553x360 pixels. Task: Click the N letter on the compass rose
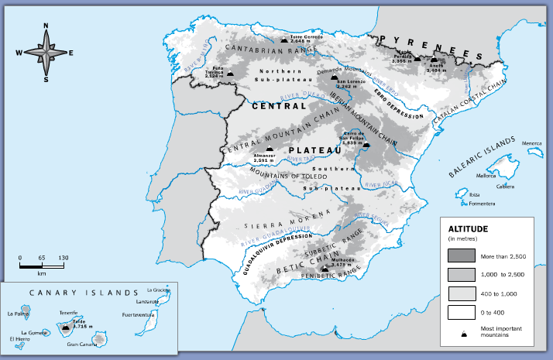[x=46, y=26]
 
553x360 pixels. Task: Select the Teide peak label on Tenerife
[x=78, y=323]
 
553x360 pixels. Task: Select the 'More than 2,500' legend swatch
[x=461, y=255]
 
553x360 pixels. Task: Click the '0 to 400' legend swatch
[x=461, y=312]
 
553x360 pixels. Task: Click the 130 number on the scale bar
[x=63, y=257]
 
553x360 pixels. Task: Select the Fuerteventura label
[x=139, y=315]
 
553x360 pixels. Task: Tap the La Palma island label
[x=16, y=314]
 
